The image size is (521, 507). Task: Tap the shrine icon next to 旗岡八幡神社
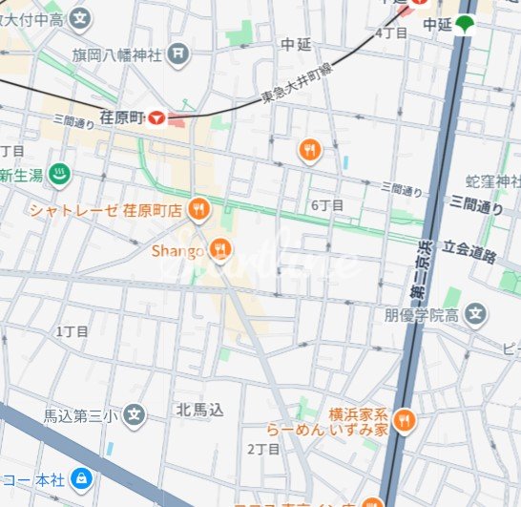pyautogui.click(x=177, y=54)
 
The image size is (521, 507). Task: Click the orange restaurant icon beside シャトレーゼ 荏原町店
pyautogui.click(x=198, y=208)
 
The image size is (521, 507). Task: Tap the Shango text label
pyautogui.click(x=177, y=250)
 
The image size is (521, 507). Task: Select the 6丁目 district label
pyautogui.click(x=327, y=205)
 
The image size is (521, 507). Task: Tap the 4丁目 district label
pyautogui.click(x=391, y=32)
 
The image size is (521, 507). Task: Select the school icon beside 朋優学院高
pyautogui.click(x=474, y=313)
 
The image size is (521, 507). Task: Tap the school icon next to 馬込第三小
pyautogui.click(x=135, y=415)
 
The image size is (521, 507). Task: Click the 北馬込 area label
pyautogui.click(x=199, y=410)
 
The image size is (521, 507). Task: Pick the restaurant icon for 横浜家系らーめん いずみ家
pyautogui.click(x=405, y=421)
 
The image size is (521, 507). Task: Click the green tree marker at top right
pyautogui.click(x=465, y=25)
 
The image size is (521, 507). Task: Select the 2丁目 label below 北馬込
pyautogui.click(x=262, y=448)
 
